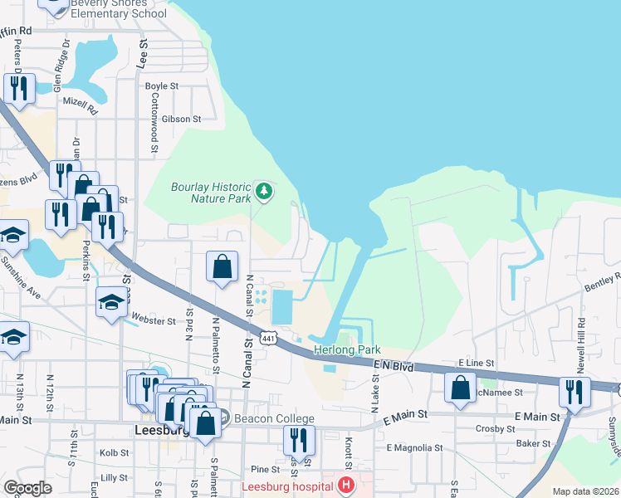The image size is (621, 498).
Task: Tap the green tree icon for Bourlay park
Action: coord(264,192)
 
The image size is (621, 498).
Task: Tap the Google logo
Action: coord(27,488)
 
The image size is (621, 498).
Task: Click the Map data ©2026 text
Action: coord(585,491)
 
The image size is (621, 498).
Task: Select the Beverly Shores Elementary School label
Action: coord(119,8)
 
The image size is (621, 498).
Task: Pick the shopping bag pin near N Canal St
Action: coord(222,267)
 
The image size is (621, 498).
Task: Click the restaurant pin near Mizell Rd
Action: coord(18,89)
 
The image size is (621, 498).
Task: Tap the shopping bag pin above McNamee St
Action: coord(460,388)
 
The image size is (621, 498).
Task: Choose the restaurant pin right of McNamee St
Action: coord(575,392)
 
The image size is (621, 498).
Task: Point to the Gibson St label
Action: coord(182,120)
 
